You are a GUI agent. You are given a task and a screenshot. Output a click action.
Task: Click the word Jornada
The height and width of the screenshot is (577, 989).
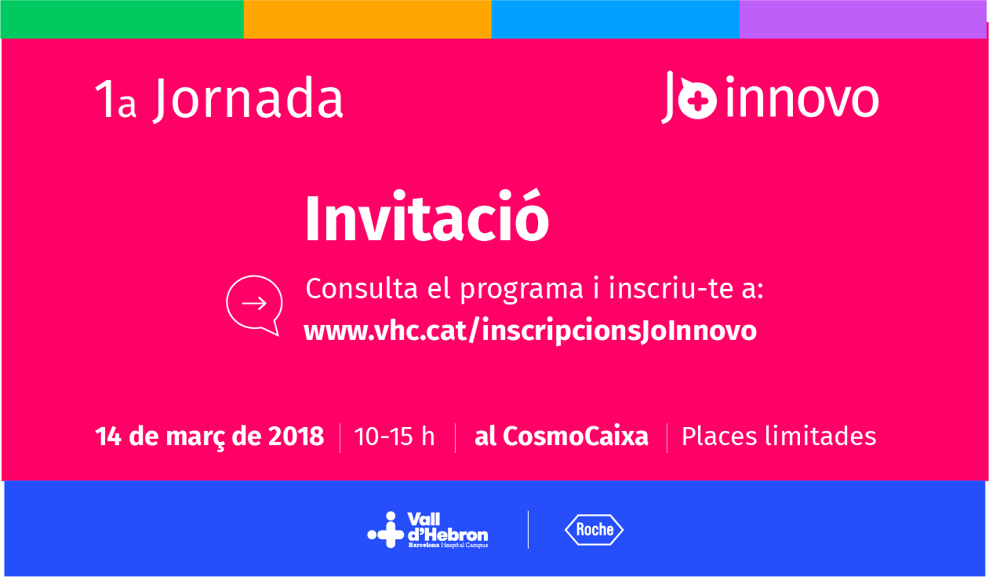[x=248, y=100]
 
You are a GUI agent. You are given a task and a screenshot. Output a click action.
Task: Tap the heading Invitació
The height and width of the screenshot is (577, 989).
[x=426, y=219]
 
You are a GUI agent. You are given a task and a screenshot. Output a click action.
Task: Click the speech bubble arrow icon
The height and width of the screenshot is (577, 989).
[x=253, y=304]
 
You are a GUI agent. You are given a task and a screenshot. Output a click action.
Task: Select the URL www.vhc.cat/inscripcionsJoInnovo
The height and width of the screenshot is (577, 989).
[x=530, y=330]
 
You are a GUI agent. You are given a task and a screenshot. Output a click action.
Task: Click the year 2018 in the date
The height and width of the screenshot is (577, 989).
[x=296, y=436]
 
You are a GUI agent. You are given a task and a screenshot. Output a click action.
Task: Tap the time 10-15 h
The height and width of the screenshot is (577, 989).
[x=395, y=436]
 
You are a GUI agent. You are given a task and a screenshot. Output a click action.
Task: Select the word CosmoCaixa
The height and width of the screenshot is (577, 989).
[x=576, y=436]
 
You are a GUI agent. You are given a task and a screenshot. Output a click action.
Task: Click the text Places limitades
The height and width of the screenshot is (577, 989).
[x=779, y=436]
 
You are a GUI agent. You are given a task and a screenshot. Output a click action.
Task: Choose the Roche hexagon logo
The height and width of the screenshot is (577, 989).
[x=594, y=530]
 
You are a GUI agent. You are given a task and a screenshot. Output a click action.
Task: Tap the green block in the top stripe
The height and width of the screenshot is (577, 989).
[x=122, y=19]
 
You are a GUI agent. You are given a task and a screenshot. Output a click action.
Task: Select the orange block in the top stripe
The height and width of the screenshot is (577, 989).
[x=367, y=19]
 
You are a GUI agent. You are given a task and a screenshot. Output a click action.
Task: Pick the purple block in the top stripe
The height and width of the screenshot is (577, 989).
[x=863, y=19]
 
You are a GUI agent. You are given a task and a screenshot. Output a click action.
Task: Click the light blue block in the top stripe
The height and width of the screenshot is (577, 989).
[x=615, y=19]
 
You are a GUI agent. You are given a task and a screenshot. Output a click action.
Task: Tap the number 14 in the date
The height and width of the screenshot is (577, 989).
[x=107, y=436]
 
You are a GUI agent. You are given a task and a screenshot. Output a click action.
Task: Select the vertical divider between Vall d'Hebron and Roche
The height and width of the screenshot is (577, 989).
[x=528, y=529]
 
